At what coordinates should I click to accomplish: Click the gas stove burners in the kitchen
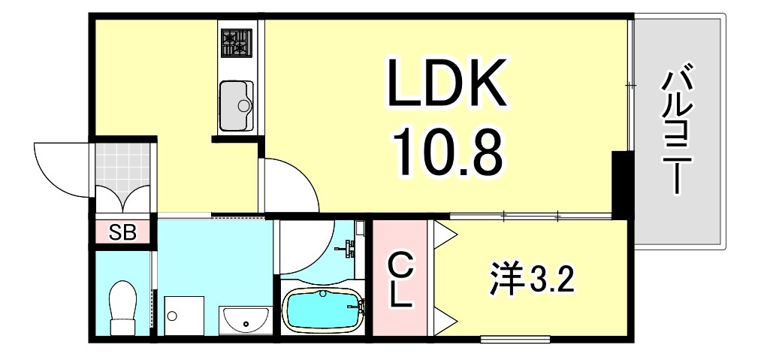point(236,44)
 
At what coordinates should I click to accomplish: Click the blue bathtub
point(322,309)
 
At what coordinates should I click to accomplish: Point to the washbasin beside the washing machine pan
point(245,320)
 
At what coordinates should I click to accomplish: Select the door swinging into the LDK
point(289,186)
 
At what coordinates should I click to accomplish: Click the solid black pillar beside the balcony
point(621,184)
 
